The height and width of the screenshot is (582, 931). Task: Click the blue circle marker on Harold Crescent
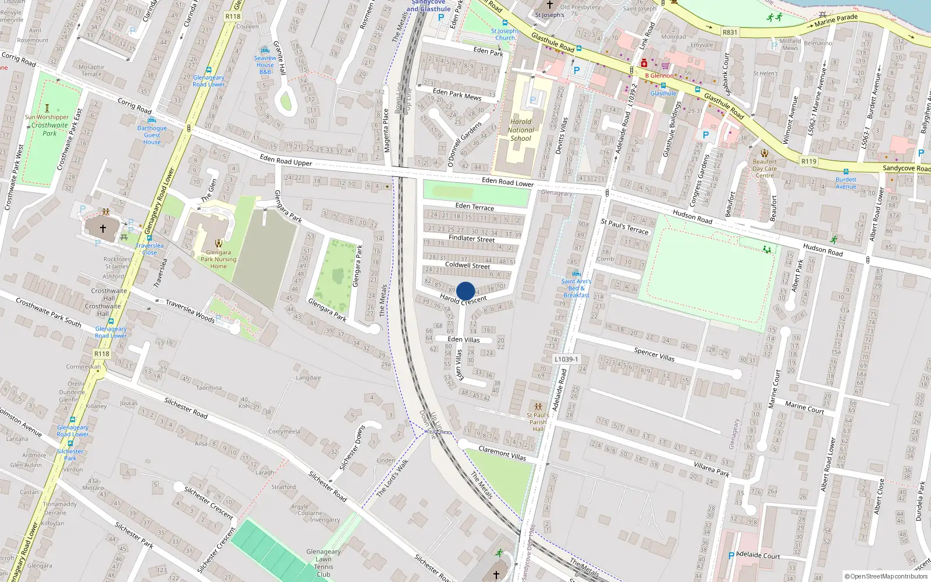(x=465, y=291)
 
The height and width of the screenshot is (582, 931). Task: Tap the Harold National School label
(x=521, y=130)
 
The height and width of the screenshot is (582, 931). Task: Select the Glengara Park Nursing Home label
(x=218, y=260)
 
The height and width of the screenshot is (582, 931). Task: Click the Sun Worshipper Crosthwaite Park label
(x=47, y=125)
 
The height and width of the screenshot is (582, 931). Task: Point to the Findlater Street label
(x=471, y=239)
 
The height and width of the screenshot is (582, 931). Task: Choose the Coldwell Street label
(x=467, y=265)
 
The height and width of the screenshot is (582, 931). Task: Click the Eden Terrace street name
(x=475, y=207)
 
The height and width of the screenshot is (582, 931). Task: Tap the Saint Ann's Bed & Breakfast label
(x=576, y=288)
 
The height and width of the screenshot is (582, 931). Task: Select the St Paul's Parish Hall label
(x=538, y=422)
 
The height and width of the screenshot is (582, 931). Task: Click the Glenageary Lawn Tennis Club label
(x=324, y=563)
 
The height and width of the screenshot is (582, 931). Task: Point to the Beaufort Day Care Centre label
(x=765, y=169)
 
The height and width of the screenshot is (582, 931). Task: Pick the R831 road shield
(x=730, y=33)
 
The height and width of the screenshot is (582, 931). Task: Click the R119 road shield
(x=809, y=161)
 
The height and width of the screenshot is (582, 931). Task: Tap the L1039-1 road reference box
(x=566, y=359)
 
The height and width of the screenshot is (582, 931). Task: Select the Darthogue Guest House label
(x=152, y=135)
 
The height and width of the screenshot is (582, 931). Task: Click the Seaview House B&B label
(x=265, y=65)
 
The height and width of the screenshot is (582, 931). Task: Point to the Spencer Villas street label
(x=654, y=354)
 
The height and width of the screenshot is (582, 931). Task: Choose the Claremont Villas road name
(x=502, y=453)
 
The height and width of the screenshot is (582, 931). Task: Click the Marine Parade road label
(x=836, y=21)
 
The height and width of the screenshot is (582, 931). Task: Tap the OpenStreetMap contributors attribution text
(x=887, y=576)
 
